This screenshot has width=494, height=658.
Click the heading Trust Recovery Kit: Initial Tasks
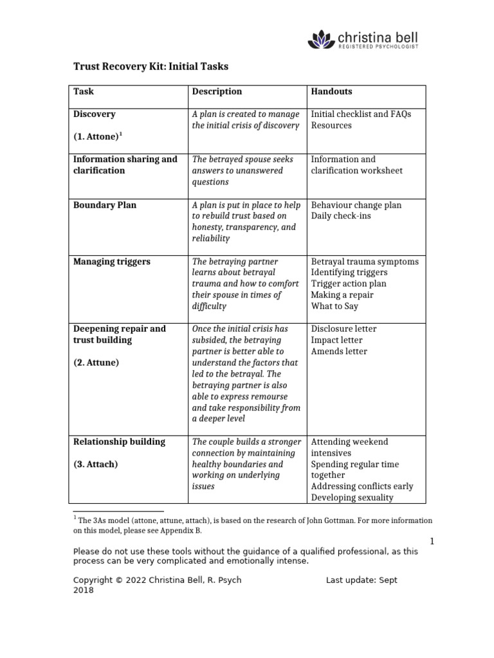(x=151, y=66)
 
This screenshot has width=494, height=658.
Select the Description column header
(x=217, y=92)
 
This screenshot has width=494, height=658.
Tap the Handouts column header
(x=331, y=92)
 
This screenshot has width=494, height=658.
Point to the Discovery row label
(x=95, y=114)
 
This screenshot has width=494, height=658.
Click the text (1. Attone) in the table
(x=96, y=136)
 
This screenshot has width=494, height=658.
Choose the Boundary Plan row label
(x=105, y=205)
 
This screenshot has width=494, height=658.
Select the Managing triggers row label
(x=112, y=262)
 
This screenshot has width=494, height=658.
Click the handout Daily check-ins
(x=341, y=216)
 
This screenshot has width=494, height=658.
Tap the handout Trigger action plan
(x=349, y=284)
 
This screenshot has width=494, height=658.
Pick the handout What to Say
(x=335, y=307)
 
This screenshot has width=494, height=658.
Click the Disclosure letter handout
(x=343, y=329)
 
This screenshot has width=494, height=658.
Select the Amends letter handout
(x=339, y=351)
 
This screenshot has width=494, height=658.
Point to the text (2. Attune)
(x=96, y=362)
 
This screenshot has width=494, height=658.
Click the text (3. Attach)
(x=95, y=464)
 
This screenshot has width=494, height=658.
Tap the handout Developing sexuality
(x=352, y=497)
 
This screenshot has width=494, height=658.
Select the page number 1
(x=432, y=542)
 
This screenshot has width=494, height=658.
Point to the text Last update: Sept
(x=361, y=580)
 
